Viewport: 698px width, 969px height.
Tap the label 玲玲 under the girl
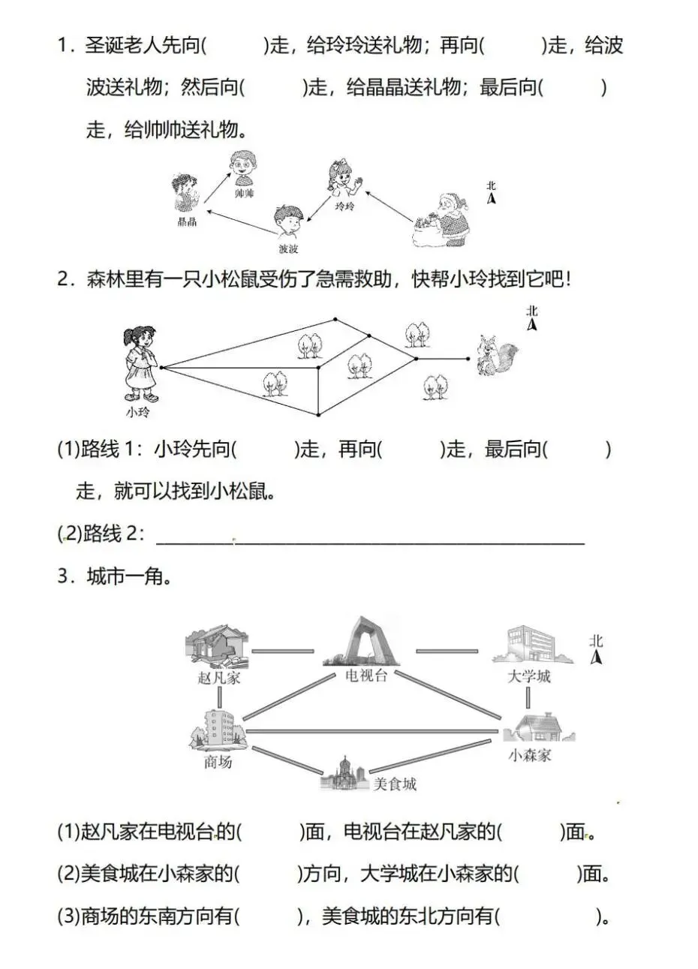[x=344, y=206]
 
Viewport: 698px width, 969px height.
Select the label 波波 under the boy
[x=288, y=248]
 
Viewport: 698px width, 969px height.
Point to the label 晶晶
[x=187, y=221]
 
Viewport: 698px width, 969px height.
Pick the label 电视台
[x=366, y=676]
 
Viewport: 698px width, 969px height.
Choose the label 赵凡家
[x=219, y=679]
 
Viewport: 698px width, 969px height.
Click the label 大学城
[x=528, y=676]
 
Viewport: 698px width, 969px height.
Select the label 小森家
[x=530, y=755]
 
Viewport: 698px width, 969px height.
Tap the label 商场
[x=218, y=762]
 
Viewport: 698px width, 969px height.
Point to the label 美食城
[x=395, y=784]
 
